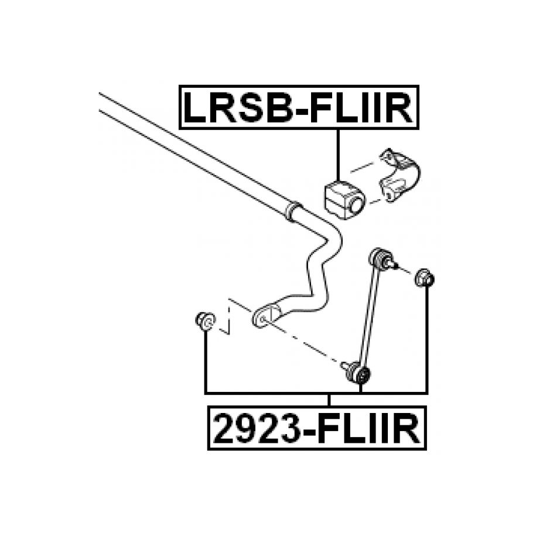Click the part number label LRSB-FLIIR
pos(299,107)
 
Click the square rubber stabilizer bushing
pos(343,200)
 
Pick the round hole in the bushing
pos(356,206)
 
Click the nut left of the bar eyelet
pos(205,320)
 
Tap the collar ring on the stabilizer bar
pos(292,211)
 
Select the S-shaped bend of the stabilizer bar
pos(319,264)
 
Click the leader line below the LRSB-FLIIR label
pos(338,155)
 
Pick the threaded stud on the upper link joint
pos(393,266)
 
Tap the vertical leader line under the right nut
pos(426,340)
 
